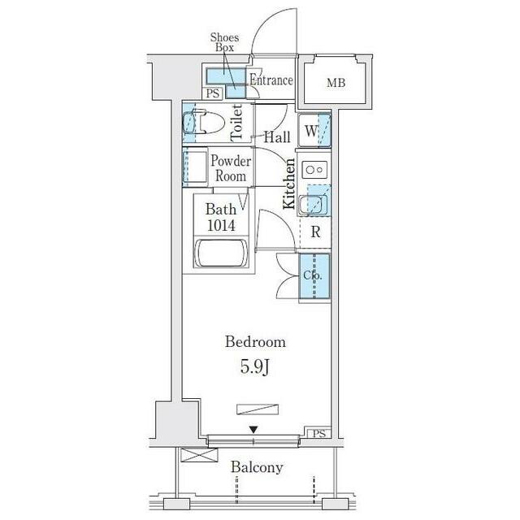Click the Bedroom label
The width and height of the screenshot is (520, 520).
pyautogui.click(x=255, y=342)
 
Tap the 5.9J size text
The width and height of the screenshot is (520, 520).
pyautogui.click(x=254, y=367)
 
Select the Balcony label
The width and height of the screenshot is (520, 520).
pyautogui.click(x=257, y=468)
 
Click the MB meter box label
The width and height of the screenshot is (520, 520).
pyautogui.click(x=336, y=83)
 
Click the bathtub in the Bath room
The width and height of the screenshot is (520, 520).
pyautogui.click(x=221, y=253)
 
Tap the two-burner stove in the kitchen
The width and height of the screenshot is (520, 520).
pyautogui.click(x=314, y=170)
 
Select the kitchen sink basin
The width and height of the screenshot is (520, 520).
pyautogui.click(x=310, y=204)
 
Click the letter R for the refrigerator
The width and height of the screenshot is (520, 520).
pyautogui.click(x=316, y=232)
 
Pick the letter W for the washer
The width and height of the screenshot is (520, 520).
pyautogui.click(x=310, y=131)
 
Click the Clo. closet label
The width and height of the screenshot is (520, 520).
pyautogui.click(x=312, y=275)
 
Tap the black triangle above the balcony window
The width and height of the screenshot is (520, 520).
pyautogui.click(x=253, y=430)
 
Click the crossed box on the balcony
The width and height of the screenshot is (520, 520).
pyautogui.click(x=199, y=455)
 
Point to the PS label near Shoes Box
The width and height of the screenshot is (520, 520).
pyautogui.click(x=213, y=94)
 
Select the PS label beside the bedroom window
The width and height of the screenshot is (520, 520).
pyautogui.click(x=319, y=433)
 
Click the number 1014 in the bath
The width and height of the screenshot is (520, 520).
pyautogui.click(x=221, y=225)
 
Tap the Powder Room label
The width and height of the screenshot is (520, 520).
pyautogui.click(x=231, y=168)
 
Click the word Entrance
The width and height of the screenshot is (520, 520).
pyautogui.click(x=271, y=80)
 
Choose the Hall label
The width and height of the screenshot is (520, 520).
pyautogui.click(x=277, y=137)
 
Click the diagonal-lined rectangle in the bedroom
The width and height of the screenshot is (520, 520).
pyautogui.click(x=258, y=409)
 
